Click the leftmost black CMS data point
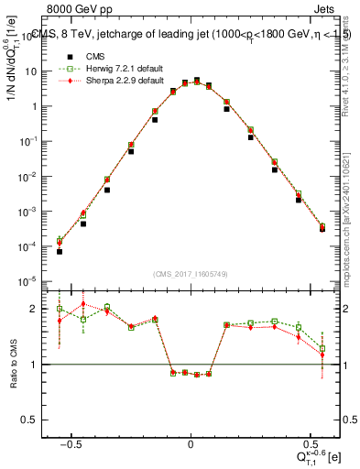[x=59, y=250]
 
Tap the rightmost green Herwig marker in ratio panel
[x=322, y=348]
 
